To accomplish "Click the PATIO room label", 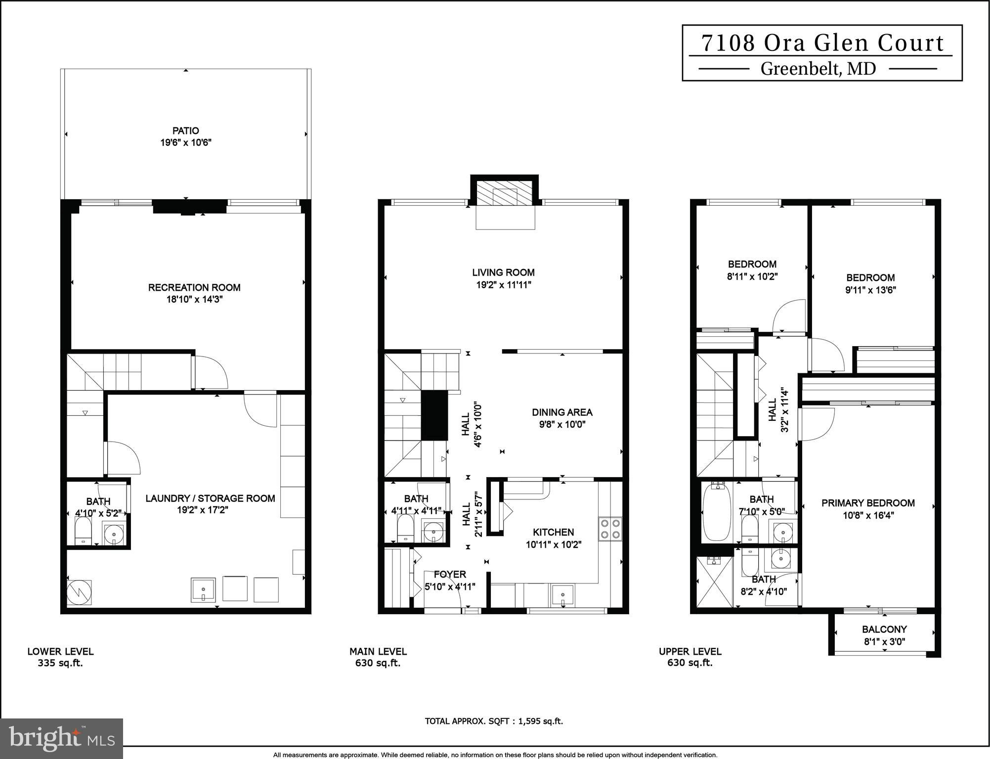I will point(185,131).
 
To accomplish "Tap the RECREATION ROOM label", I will point(194,288).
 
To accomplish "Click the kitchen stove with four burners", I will point(610,529).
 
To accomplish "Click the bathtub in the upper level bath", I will point(716,512).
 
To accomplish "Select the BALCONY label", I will point(884,629).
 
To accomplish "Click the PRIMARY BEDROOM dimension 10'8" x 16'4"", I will point(868,515).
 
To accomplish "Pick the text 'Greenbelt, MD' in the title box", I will point(818,69).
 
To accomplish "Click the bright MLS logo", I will point(61,738).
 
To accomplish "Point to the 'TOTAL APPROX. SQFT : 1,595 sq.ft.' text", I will point(494,721).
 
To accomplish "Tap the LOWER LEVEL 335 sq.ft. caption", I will point(60,657).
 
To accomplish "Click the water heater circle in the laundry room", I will point(79,592).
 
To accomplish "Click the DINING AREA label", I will point(562,412).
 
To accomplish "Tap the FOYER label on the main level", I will point(449,575).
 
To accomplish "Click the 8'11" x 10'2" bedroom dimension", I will point(752,277).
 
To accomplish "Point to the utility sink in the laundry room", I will point(203,590).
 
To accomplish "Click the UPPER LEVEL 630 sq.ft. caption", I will point(689,657).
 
